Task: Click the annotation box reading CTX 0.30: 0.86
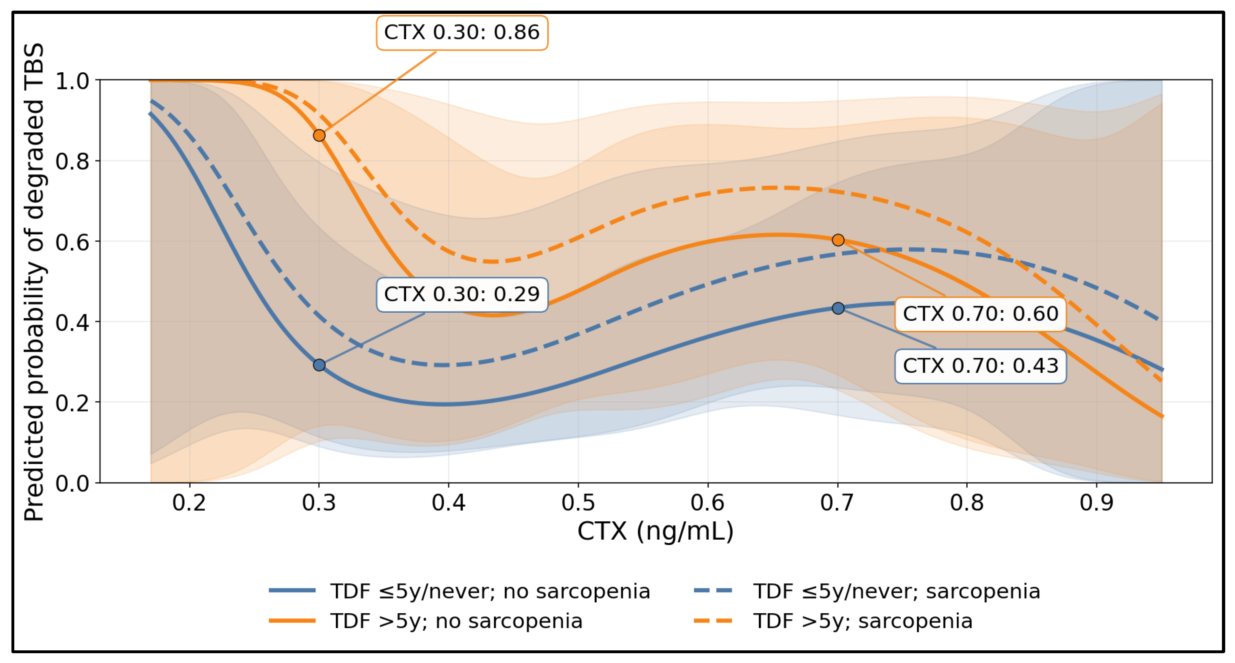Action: click(x=462, y=33)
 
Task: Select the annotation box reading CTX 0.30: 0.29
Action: click(x=462, y=294)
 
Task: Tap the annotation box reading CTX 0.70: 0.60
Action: click(x=980, y=314)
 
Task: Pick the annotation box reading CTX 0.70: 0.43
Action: click(x=980, y=366)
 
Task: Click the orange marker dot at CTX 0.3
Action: click(x=319, y=136)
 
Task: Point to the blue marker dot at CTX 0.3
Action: click(x=319, y=365)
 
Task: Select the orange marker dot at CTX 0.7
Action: click(x=838, y=240)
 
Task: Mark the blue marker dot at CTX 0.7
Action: click(x=838, y=308)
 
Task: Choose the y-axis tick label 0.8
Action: click(x=72, y=162)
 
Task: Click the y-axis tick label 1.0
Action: click(x=72, y=81)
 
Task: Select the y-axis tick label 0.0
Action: click(x=72, y=483)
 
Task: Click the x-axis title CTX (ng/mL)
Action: click(x=655, y=531)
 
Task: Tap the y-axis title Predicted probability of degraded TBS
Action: click(x=35, y=282)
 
